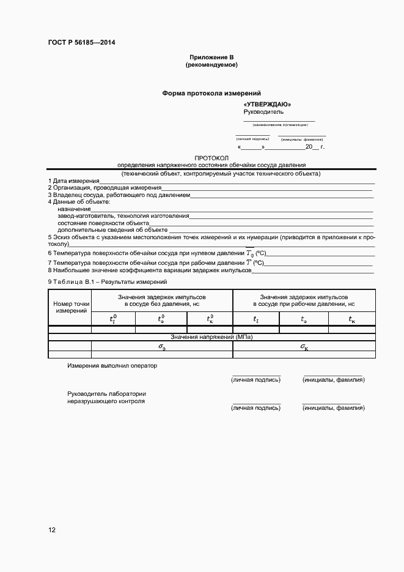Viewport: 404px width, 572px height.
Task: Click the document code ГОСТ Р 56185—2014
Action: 81,42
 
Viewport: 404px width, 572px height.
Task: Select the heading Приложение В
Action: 211,56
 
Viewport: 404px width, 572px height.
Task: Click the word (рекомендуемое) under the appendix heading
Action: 211,64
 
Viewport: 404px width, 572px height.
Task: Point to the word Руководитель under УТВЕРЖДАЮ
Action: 263,112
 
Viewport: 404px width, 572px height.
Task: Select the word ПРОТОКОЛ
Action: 211,158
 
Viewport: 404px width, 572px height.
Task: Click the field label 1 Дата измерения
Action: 73,181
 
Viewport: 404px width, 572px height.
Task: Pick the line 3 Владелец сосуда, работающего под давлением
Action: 119,195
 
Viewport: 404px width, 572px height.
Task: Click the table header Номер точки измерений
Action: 72,308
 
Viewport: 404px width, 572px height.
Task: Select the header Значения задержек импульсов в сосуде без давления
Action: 162,300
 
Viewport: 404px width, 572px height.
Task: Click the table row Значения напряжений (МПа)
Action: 211,337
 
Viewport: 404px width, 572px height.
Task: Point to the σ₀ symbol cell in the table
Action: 162,347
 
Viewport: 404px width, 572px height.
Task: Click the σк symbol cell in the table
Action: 304,347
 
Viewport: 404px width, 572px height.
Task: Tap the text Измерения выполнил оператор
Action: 112,366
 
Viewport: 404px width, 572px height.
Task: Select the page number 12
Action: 52,530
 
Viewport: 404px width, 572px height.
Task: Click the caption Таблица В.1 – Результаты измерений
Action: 107,282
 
